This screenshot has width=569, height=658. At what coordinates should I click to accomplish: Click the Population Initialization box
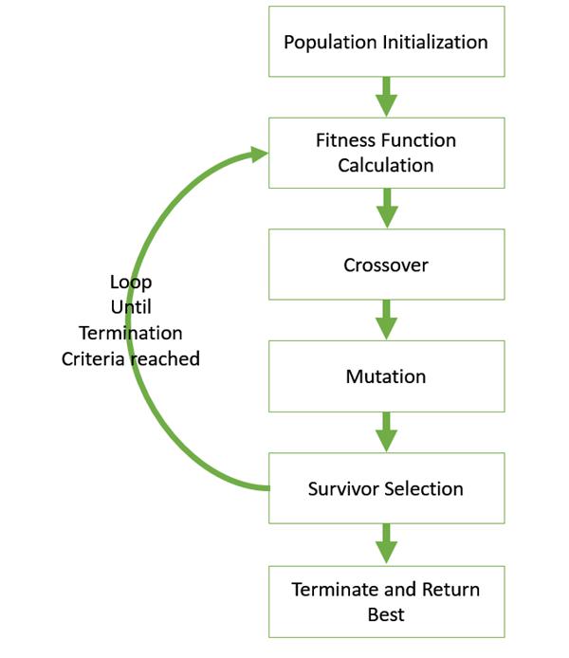(386, 43)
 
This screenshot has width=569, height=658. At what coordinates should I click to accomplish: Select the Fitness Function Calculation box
(386, 153)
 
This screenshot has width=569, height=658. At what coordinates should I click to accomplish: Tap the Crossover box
(386, 265)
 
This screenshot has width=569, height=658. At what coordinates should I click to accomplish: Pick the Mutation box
(386, 376)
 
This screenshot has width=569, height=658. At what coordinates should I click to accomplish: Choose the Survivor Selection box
(386, 489)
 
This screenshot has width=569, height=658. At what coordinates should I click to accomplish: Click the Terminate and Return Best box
(386, 602)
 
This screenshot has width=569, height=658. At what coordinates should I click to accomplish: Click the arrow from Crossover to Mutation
(386, 320)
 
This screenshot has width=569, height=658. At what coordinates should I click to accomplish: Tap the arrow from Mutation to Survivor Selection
(386, 432)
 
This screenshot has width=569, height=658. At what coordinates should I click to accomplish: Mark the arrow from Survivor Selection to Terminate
(386, 545)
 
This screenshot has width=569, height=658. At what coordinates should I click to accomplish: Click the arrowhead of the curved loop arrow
(257, 153)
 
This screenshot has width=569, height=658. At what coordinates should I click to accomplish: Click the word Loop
(131, 283)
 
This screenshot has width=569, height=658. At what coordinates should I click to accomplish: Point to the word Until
(131, 307)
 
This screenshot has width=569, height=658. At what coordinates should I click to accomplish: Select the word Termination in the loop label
(131, 333)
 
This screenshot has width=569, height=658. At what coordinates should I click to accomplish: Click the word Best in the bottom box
(386, 614)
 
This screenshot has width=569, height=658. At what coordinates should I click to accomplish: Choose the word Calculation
(386, 165)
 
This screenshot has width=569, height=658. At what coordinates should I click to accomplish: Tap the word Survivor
(344, 489)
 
